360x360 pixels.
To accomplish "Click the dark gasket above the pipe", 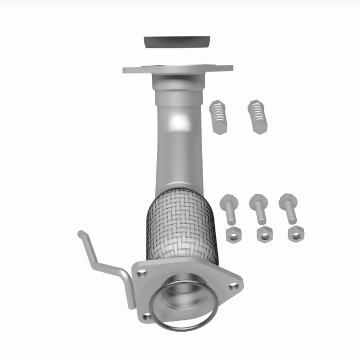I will (177, 42).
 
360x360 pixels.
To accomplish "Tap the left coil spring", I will (218, 116).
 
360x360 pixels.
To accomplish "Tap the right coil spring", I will (257, 116).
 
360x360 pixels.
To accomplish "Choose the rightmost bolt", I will (289, 209).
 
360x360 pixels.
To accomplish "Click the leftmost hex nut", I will (233, 235).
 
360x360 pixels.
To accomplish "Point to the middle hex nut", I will (264, 235).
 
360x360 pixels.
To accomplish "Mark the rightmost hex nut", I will (296, 234).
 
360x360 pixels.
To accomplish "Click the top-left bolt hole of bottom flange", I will (142, 273).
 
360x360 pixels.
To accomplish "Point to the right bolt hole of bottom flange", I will (234, 286).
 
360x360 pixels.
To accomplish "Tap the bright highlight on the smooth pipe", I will (178, 122).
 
